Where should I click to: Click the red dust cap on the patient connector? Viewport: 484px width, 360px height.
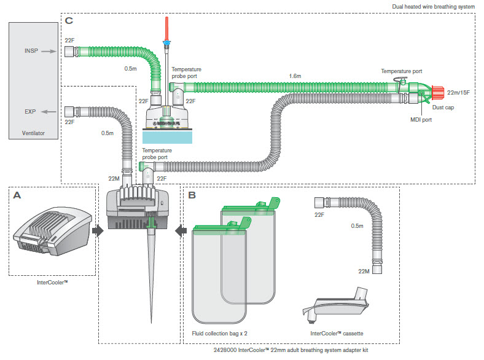pyautogui.click(x=438, y=93)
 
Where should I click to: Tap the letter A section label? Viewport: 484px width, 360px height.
pyautogui.click(x=17, y=195)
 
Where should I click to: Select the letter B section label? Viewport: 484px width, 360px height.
pyautogui.click(x=192, y=195)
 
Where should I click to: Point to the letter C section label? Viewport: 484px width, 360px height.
pyautogui.click(x=69, y=21)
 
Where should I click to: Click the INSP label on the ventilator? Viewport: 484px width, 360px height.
pyautogui.click(x=31, y=50)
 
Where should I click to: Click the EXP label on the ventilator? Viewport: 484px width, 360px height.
pyautogui.click(x=30, y=111)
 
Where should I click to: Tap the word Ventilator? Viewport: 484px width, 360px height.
pyautogui.click(x=33, y=133)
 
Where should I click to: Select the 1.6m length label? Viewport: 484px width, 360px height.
pyautogui.click(x=295, y=76)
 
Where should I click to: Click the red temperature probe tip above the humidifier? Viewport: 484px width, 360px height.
pyautogui.click(x=166, y=28)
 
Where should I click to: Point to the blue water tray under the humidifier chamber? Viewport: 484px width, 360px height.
pyautogui.click(x=167, y=137)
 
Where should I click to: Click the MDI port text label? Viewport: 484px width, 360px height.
pyautogui.click(x=421, y=119)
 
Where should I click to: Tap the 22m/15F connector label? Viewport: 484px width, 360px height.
pyautogui.click(x=458, y=92)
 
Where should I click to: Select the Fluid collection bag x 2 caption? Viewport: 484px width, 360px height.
pyautogui.click(x=219, y=334)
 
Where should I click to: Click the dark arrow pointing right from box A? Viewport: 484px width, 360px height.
pyautogui.click(x=98, y=230)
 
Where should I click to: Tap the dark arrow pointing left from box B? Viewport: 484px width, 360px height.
pyautogui.click(x=181, y=230)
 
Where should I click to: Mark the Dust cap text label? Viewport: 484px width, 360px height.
pyautogui.click(x=443, y=107)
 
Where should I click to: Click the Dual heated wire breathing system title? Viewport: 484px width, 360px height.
pyautogui.click(x=434, y=7)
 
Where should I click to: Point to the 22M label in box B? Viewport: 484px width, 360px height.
pyautogui.click(x=364, y=271)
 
